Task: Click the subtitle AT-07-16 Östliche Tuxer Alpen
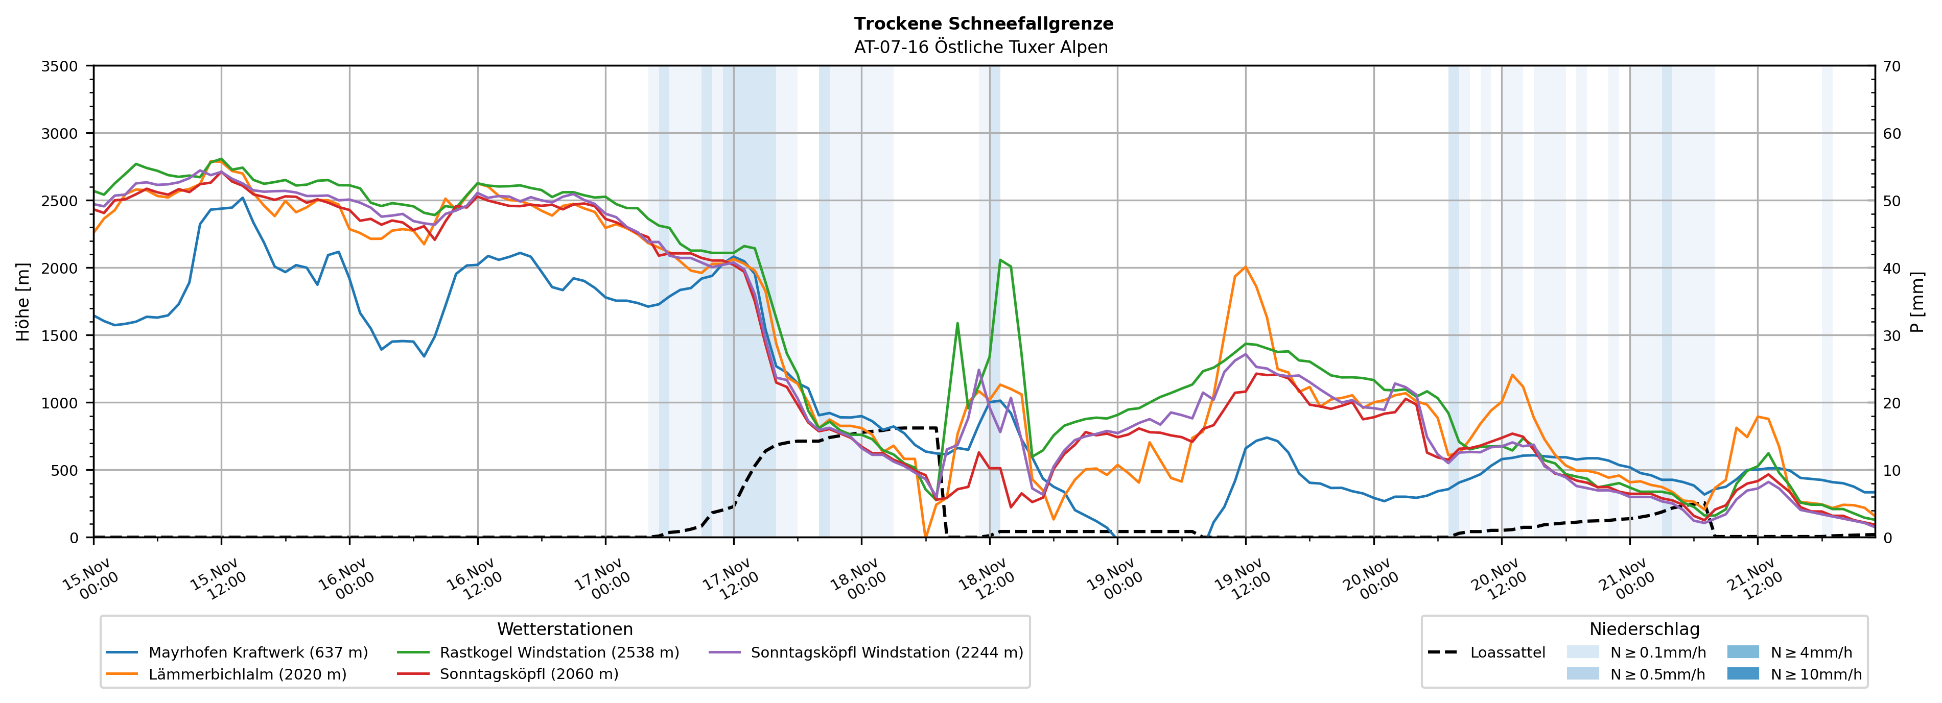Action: coord(981,47)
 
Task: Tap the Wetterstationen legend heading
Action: coord(565,629)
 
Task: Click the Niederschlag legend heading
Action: coord(1644,629)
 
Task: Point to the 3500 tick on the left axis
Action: coord(60,66)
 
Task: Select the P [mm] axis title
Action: coord(1917,301)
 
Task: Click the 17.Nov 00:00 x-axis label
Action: coord(603,580)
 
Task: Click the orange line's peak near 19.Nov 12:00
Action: coord(1246,266)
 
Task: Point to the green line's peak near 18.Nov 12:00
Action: coord(1000,260)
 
